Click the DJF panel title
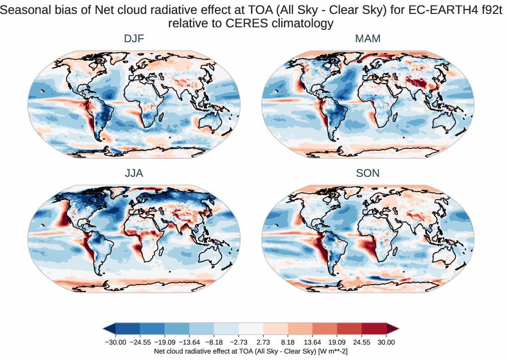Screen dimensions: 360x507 click(134, 39)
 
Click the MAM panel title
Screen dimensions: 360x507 click(368, 39)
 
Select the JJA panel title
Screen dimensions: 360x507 click(134, 173)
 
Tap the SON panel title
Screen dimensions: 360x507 click(368, 173)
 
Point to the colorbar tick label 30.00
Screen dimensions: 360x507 click(386, 342)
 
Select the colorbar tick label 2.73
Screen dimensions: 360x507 click(263, 342)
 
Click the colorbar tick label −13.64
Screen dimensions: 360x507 click(190, 342)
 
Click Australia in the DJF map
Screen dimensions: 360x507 click(212, 122)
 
